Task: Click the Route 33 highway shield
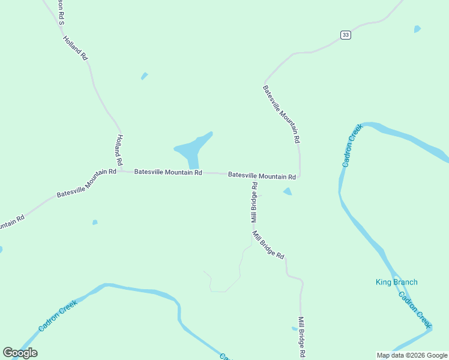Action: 345,35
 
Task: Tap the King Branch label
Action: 396,282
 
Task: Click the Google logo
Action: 20,353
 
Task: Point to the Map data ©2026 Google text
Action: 412,355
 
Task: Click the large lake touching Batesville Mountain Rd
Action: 193,148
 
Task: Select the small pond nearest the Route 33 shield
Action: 417,29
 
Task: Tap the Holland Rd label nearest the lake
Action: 119,150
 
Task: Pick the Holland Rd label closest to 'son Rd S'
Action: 76,47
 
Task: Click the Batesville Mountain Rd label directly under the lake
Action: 168,172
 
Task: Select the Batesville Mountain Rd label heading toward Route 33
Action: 280,113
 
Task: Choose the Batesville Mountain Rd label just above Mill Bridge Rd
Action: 262,176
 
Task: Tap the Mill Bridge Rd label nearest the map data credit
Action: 301,338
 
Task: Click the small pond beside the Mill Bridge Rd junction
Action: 288,191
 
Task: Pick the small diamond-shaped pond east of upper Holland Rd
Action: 144,76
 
